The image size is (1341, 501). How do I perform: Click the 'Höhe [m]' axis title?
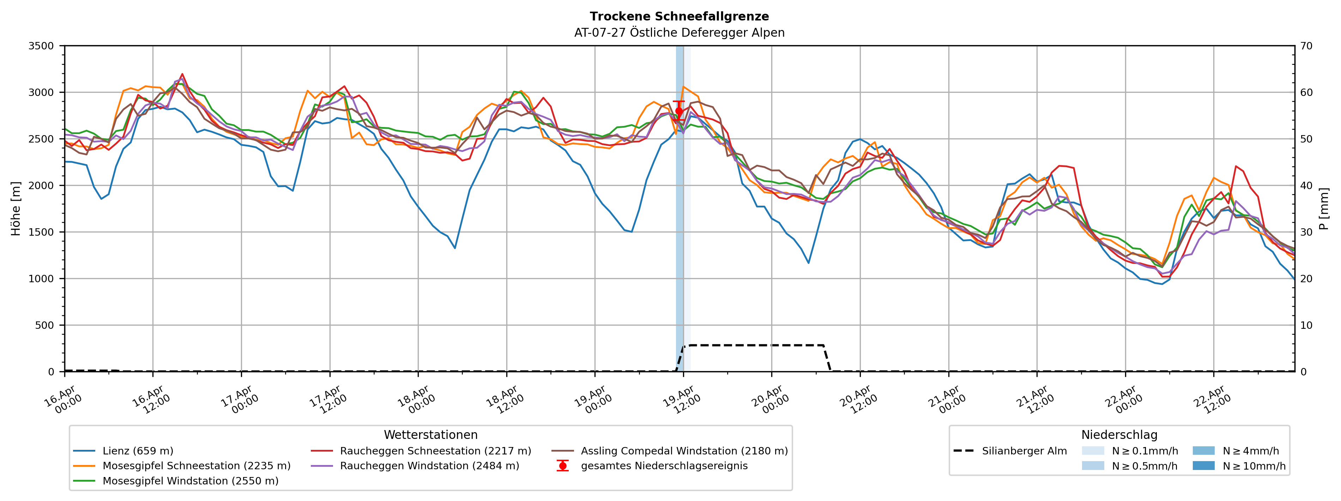click(16, 208)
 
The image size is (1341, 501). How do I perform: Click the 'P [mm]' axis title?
click(1324, 208)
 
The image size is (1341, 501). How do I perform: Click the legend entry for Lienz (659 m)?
click(138, 451)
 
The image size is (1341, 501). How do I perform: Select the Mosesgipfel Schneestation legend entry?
click(196, 466)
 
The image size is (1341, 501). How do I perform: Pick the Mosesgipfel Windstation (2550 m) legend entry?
click(190, 481)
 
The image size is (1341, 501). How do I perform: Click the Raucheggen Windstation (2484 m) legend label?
click(429, 466)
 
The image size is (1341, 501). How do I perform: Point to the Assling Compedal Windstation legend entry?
click(684, 451)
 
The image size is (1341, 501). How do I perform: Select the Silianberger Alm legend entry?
click(1024, 451)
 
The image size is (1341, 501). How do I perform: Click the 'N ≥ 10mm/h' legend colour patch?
click(1203, 466)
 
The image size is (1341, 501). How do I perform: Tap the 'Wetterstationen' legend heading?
click(430, 435)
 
